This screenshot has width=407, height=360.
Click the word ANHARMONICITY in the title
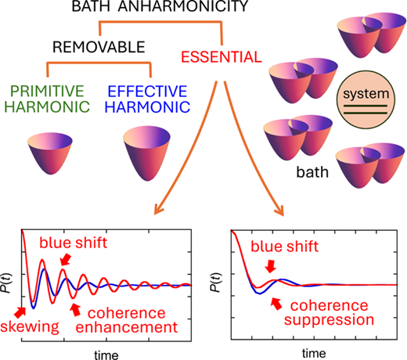pos(183,5)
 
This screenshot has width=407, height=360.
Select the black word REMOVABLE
pos(99,47)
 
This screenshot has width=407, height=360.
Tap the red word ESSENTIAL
pos(222,57)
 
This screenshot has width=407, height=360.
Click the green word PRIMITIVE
pos(47,91)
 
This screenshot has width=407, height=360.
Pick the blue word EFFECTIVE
pos(147,91)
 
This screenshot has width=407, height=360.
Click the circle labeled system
pos(366,99)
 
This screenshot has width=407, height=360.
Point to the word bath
pos(312,172)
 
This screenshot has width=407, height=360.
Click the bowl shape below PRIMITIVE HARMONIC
pos(50,153)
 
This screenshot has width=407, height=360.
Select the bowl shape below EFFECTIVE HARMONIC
pos(146,153)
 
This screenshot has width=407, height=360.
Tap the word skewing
pos(30,326)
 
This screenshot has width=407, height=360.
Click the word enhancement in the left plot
pos(127,327)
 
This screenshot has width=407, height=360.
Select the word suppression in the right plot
pos(329,320)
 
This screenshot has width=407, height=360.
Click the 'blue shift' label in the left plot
pos(73,243)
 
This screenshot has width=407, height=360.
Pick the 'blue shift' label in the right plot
pos(284,247)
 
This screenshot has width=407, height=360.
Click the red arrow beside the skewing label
pos(20,312)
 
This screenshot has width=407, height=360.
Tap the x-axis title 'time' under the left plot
pos(106,355)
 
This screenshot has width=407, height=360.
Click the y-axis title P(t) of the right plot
pos(217,283)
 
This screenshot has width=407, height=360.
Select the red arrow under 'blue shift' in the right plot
pos(270,266)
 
